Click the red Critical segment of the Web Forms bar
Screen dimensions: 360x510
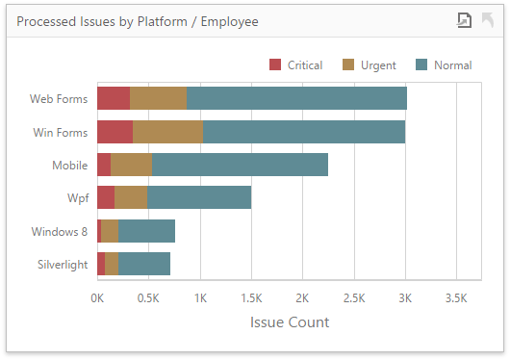click(114, 98)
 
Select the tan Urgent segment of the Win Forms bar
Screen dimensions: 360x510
click(167, 132)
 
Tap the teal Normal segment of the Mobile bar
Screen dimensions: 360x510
click(240, 165)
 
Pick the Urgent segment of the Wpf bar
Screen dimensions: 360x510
click(131, 197)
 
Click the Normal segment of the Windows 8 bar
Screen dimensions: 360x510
click(146, 231)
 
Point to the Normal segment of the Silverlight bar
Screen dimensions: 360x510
click(144, 264)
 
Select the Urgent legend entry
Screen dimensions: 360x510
click(369, 65)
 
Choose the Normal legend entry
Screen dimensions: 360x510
click(444, 65)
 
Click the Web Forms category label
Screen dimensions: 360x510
click(59, 98)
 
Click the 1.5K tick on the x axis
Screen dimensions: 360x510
click(251, 298)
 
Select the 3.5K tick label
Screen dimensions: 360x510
click(456, 298)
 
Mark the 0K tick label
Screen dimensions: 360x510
click(97, 298)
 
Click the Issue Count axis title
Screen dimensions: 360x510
click(289, 321)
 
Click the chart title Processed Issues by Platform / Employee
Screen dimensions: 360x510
click(138, 20)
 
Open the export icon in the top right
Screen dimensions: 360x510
click(464, 20)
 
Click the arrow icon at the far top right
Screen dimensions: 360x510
click(488, 20)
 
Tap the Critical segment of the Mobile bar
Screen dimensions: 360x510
click(104, 165)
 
